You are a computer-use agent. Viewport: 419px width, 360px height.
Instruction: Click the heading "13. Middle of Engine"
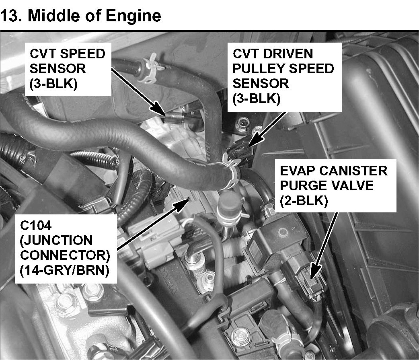[81, 16]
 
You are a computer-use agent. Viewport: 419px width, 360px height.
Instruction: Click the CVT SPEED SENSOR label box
[68, 69]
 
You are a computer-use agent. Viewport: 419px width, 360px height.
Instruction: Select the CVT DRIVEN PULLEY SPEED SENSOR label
[285, 77]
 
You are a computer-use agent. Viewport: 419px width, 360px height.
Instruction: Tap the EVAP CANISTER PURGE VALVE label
[335, 186]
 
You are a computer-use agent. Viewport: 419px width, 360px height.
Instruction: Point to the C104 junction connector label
[66, 248]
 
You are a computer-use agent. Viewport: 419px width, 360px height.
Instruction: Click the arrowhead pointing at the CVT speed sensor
[160, 110]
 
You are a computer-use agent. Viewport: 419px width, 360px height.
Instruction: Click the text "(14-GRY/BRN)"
[65, 270]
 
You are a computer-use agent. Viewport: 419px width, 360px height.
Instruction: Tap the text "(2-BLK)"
[304, 201]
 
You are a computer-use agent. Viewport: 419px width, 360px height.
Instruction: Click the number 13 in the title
[10, 16]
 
